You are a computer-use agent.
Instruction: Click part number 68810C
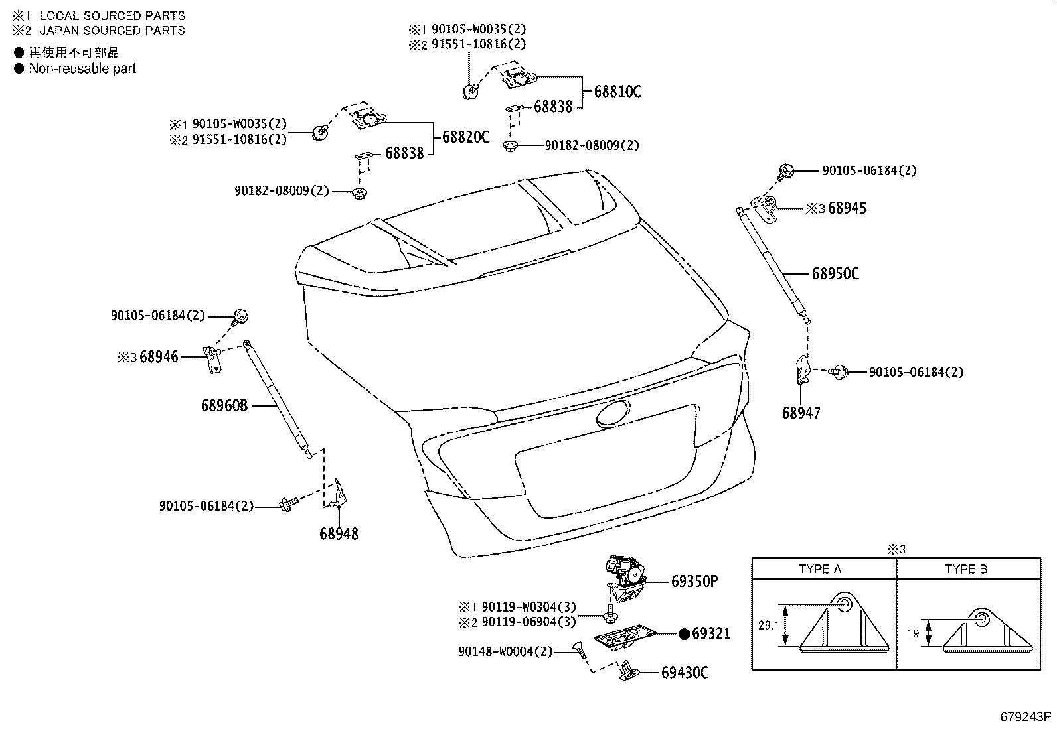617,92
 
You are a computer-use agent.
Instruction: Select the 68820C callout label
465,137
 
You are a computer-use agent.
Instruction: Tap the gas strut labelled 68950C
774,265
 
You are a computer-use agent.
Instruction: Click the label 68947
801,413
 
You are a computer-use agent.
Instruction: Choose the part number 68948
339,533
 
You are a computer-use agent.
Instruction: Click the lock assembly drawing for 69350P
624,576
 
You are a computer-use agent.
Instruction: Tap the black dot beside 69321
685,634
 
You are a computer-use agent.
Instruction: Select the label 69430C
685,673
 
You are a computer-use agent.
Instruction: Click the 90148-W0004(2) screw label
505,652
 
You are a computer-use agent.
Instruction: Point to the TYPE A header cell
820,569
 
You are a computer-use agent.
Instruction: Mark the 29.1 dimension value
768,625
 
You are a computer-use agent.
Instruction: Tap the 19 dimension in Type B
913,633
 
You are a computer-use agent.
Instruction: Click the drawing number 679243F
1026,717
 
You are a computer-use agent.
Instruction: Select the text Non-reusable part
82,68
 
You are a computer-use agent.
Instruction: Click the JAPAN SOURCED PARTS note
112,31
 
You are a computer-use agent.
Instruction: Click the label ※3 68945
836,208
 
